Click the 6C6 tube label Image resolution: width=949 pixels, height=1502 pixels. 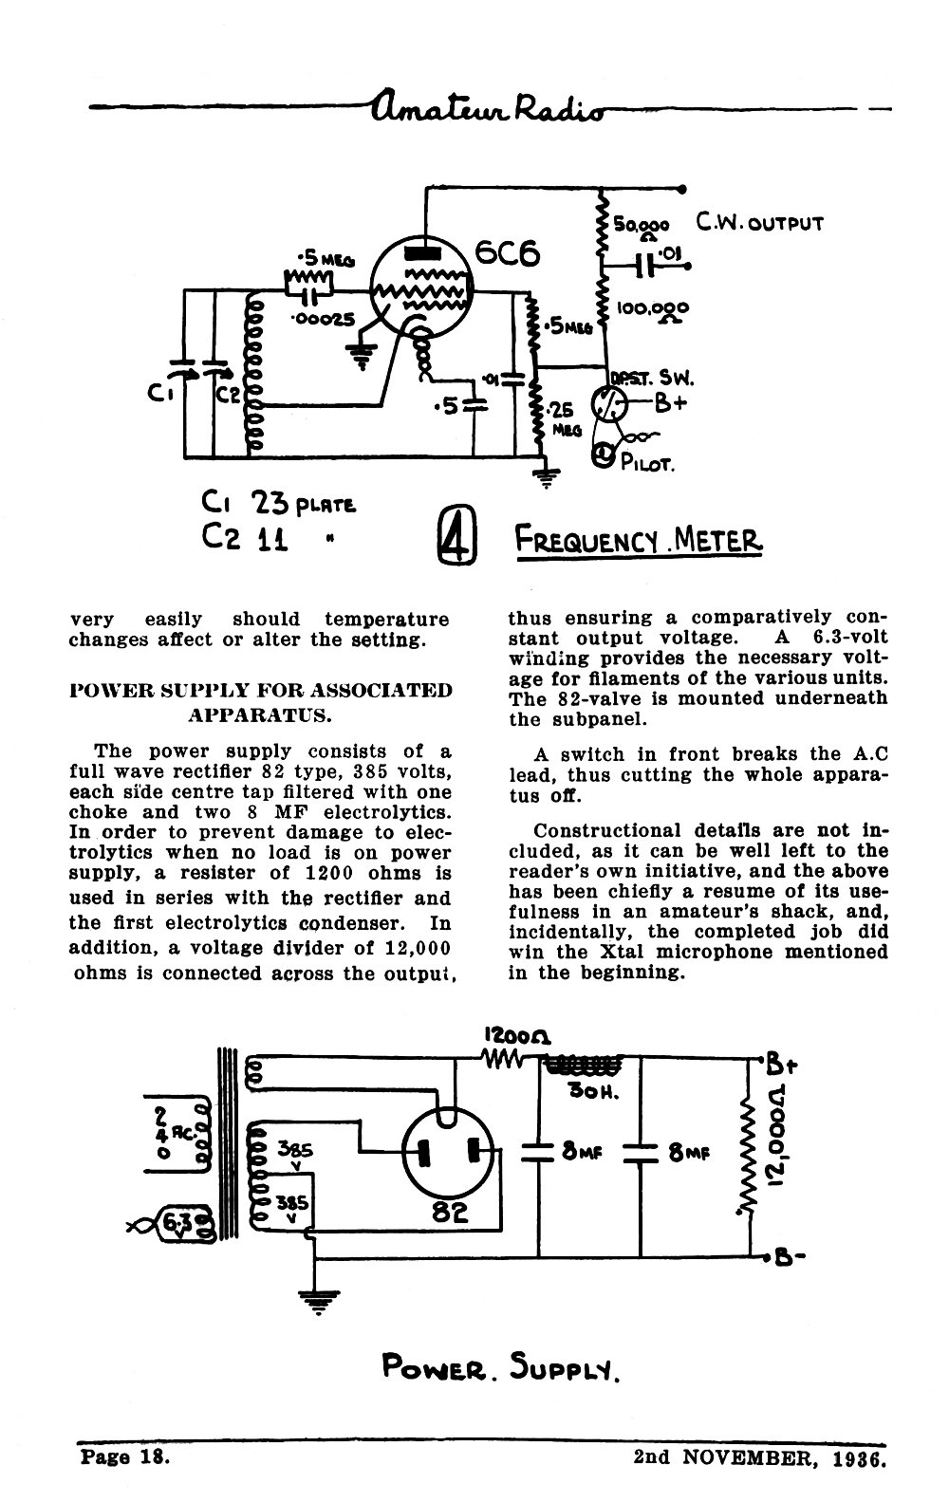[508, 253]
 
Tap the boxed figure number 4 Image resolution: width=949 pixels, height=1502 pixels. [456, 535]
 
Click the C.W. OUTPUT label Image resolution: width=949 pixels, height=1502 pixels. [759, 222]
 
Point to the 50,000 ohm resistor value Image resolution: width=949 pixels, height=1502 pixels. [642, 228]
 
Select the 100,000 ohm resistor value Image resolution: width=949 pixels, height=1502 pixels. [652, 311]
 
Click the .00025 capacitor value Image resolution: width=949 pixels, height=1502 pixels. [322, 319]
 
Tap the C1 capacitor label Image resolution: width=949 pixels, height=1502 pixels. [161, 394]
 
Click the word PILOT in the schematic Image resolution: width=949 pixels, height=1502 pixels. [647, 463]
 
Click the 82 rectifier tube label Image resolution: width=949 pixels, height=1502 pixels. [449, 1212]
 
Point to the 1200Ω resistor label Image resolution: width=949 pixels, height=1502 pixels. [517, 1036]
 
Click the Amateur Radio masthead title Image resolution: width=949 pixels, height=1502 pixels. [488, 107]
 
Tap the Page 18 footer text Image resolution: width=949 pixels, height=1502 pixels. [125, 1457]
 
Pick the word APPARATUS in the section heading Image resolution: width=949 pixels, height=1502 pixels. [259, 715]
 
